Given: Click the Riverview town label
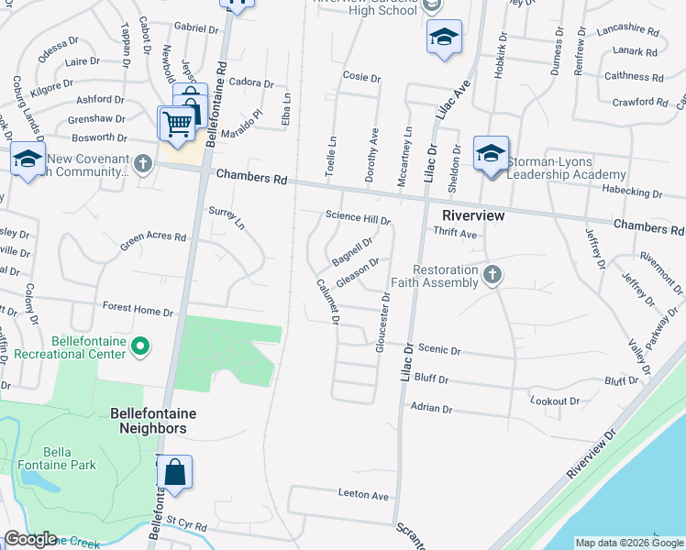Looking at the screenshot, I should point(473,214).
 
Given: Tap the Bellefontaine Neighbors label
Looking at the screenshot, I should point(153,421).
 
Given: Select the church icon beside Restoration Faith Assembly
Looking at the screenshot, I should point(492,274).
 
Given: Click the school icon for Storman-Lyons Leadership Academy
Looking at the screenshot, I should point(491,152).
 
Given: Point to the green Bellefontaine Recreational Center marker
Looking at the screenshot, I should point(140,346).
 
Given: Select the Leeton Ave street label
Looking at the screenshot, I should point(364,496).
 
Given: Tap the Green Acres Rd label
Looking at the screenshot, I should point(153,242).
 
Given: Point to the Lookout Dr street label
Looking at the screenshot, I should point(555,401).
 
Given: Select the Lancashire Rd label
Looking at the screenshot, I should point(627,30).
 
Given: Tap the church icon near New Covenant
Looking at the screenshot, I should point(142,164).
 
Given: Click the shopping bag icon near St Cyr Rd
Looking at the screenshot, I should point(174,472).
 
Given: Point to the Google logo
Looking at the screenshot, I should point(30,539).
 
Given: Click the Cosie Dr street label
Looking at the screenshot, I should point(360,77).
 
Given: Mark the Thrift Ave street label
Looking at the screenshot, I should point(456,234).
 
